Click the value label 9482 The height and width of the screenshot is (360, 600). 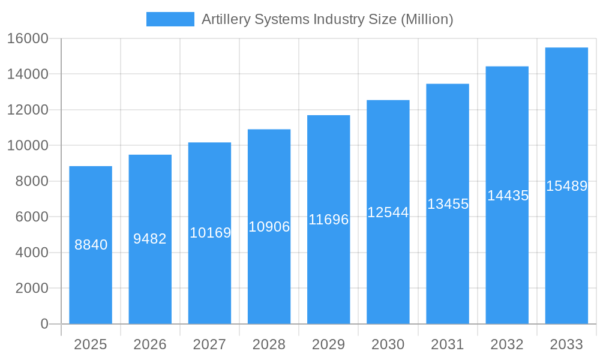(150, 239)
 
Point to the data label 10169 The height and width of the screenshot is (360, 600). (210, 233)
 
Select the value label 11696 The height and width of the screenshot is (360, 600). (328, 220)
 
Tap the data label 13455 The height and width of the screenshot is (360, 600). (448, 204)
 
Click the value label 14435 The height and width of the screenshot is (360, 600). (508, 196)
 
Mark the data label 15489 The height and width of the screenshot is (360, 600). (566, 186)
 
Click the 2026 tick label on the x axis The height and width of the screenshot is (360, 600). (150, 344)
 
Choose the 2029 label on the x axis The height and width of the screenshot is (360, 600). (328, 344)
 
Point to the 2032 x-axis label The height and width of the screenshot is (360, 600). (507, 344)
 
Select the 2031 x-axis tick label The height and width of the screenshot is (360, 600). (448, 344)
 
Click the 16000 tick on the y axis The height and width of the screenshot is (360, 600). (28, 38)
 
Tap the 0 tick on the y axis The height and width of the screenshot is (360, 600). (44, 324)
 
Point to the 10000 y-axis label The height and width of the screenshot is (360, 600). (28, 146)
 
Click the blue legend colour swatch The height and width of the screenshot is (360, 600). (170, 19)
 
